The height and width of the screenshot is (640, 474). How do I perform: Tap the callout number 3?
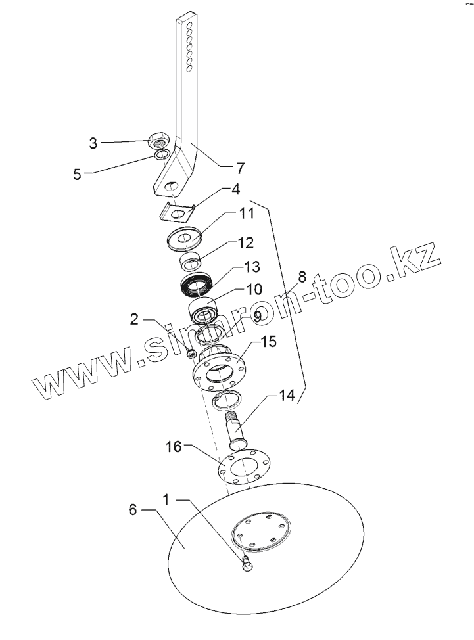click(x=93, y=143)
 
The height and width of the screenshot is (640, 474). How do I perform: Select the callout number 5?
click(x=78, y=175)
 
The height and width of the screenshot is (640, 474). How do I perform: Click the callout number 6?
click(x=133, y=511)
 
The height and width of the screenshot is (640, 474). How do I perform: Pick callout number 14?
click(x=286, y=396)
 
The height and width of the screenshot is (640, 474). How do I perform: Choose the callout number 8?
click(x=302, y=277)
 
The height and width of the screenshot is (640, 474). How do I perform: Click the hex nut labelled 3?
click(x=159, y=139)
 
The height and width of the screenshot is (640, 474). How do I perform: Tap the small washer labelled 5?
click(x=162, y=155)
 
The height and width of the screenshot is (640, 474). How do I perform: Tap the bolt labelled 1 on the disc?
click(x=247, y=565)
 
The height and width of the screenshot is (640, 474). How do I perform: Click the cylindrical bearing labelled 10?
click(x=204, y=308)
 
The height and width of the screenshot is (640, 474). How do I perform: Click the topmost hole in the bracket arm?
click(x=189, y=24)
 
